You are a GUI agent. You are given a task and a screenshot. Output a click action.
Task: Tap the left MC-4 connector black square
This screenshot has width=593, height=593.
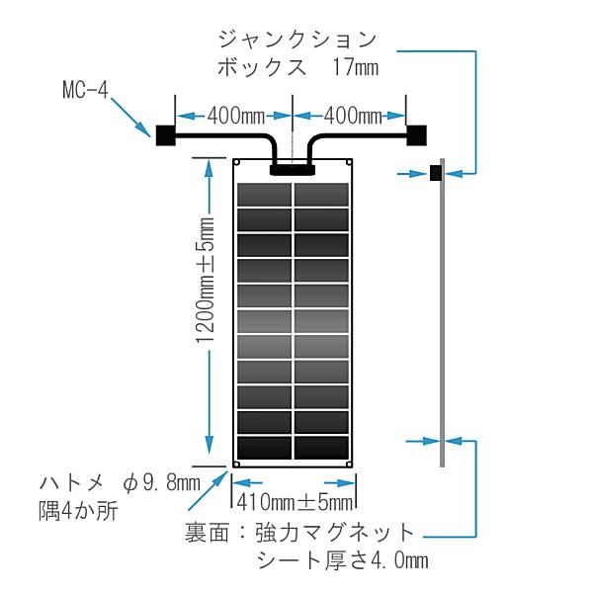coord(164,132)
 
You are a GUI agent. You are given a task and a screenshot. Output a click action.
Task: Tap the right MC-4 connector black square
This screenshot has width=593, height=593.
coord(417,132)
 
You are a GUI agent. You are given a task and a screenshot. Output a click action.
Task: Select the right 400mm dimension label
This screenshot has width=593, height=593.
coord(352,116)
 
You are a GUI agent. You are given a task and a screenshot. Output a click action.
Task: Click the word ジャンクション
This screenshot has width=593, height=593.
coord(296,40)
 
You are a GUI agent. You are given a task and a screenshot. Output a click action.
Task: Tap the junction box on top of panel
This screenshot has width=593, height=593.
coord(293,168)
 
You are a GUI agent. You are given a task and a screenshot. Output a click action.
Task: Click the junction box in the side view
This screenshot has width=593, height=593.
coord(435,174)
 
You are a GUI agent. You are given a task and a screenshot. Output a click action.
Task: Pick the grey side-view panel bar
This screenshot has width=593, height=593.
coord(443,316)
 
